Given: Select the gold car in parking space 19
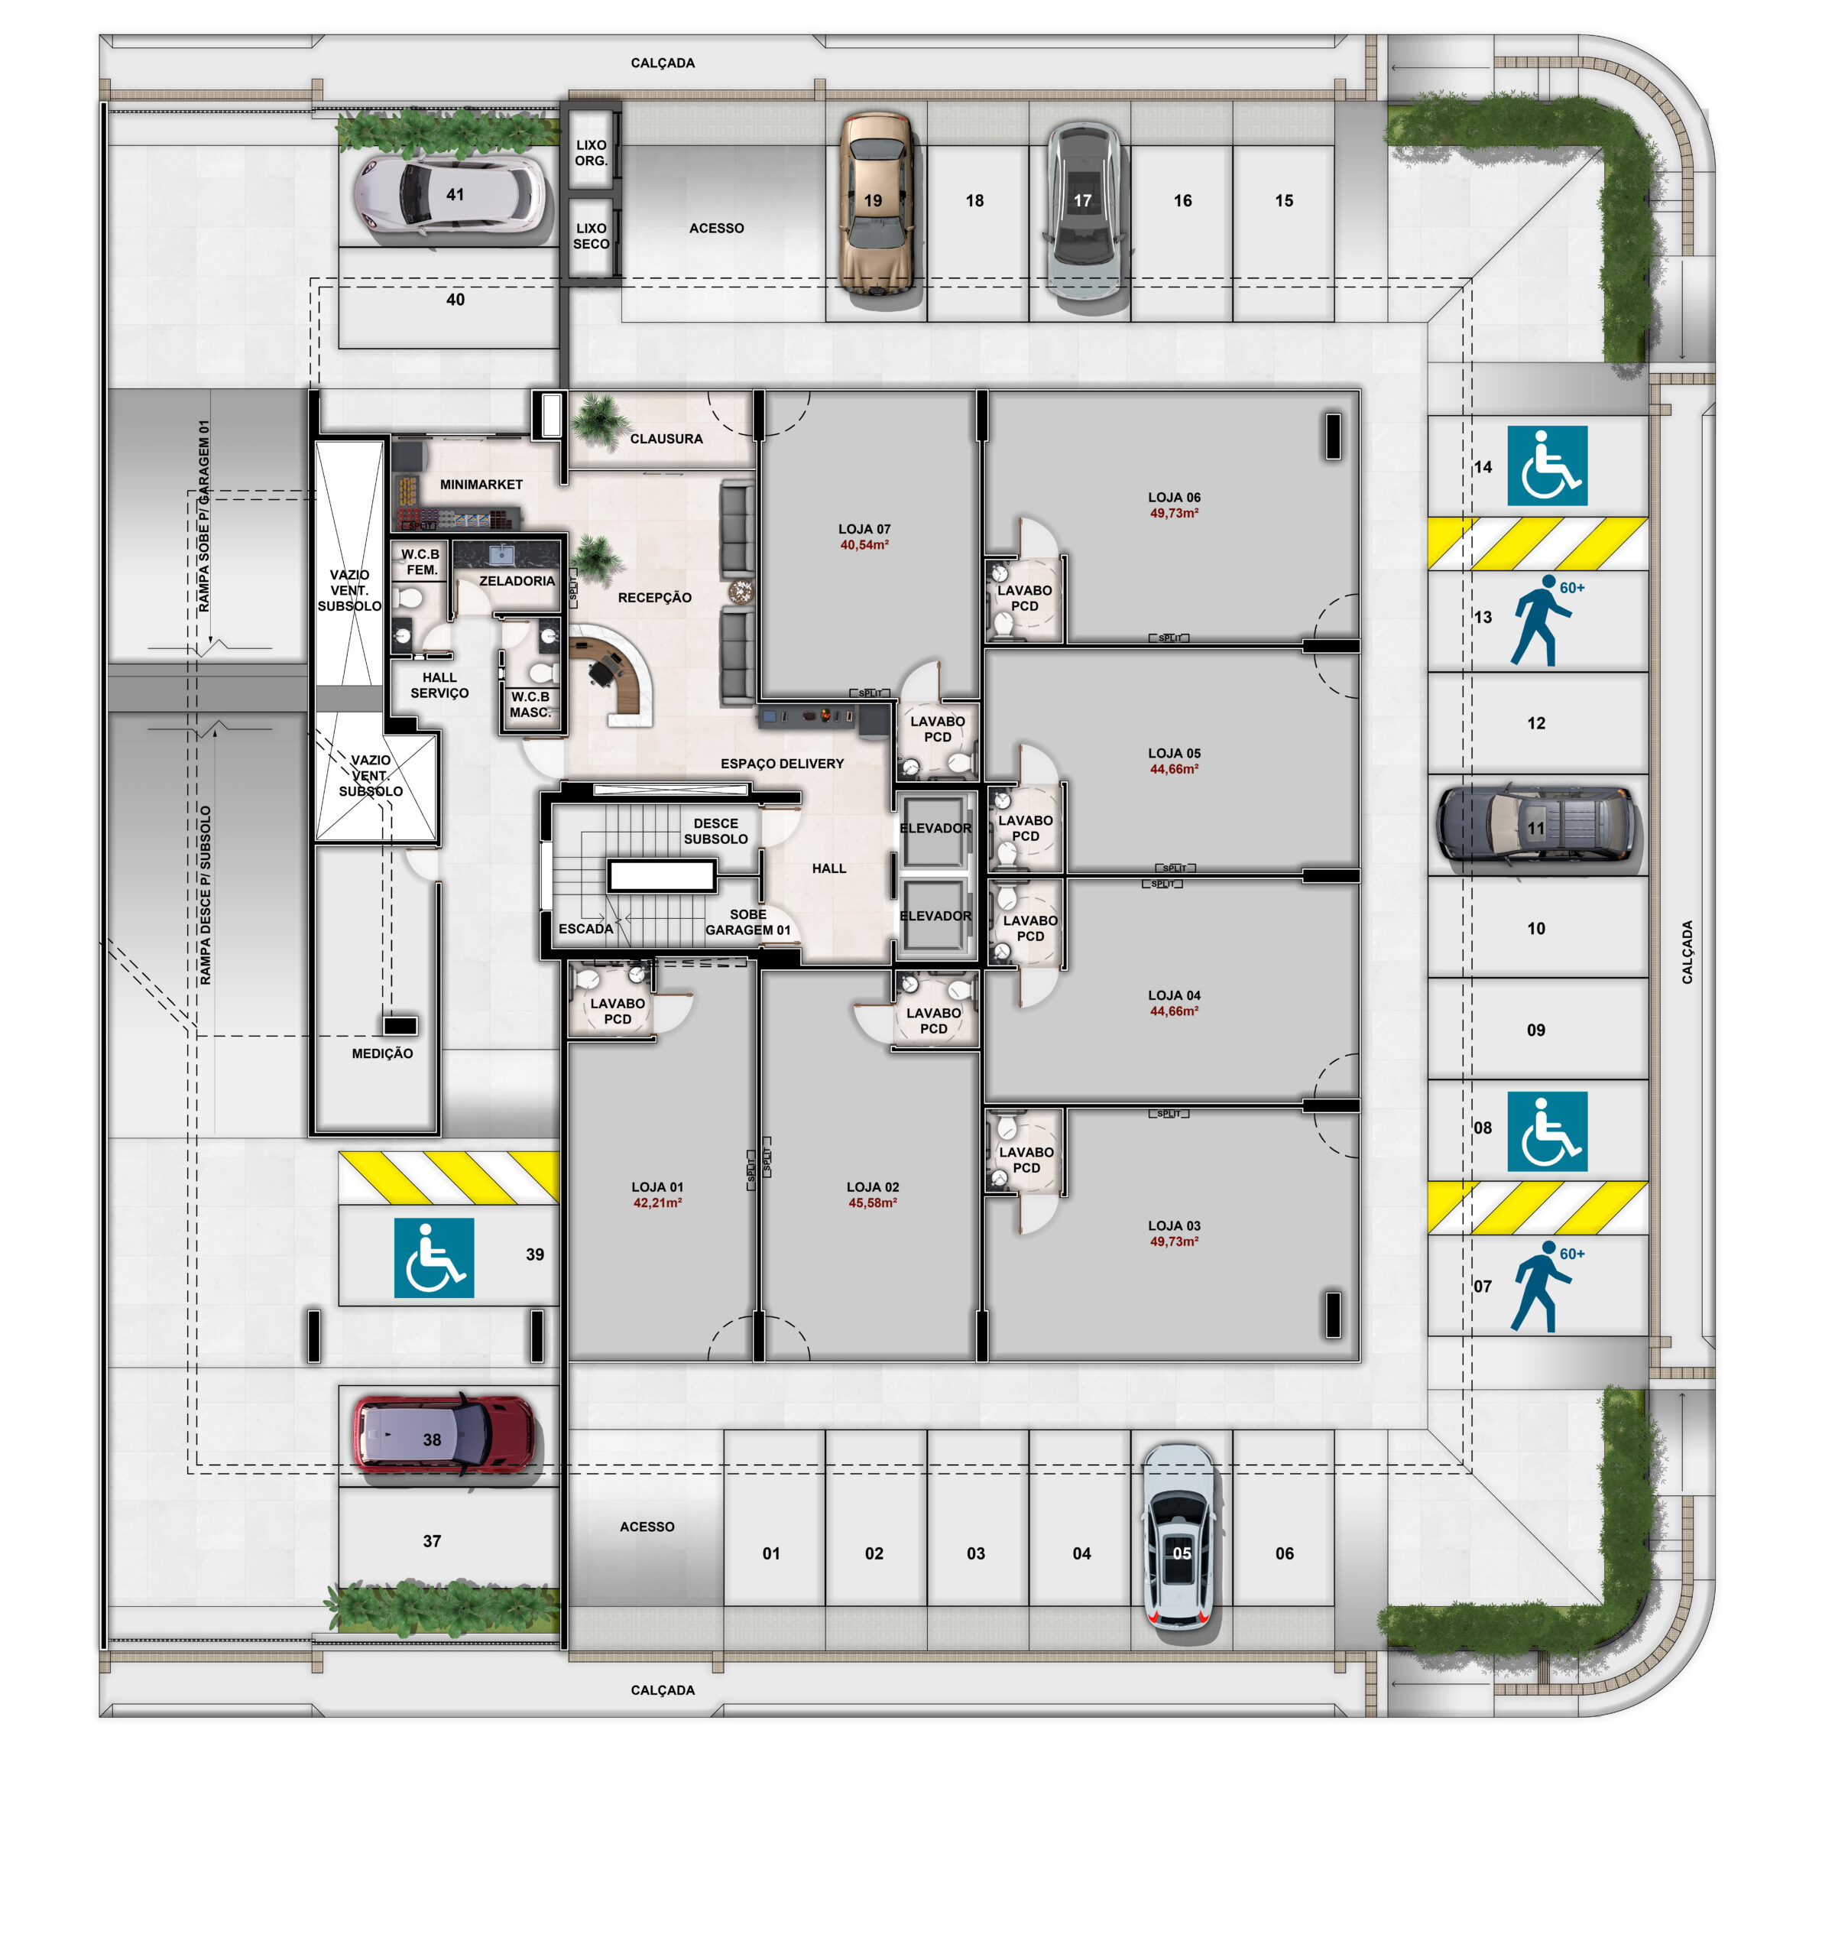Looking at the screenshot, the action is coord(876,205).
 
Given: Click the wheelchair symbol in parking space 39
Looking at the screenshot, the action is coord(434,1257).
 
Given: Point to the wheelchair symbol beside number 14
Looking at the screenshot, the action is coord(1546,466).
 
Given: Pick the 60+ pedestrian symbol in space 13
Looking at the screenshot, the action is coord(1544,622).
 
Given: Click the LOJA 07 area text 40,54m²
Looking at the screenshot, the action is coord(864,544).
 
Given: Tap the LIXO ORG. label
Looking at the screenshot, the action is coord(591,153).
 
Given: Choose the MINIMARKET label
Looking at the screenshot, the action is coord(481,485).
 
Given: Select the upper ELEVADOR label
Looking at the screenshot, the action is coord(935,828).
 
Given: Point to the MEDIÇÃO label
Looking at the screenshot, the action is coord(382,1053).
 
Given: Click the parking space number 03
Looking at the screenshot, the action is coord(975,1553).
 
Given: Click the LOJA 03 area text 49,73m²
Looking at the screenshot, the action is coord(1175,1241).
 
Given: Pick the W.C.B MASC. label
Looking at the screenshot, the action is coord(530,704).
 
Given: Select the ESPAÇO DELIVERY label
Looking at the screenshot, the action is coord(782,763).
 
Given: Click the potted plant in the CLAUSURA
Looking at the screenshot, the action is coord(598,420).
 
